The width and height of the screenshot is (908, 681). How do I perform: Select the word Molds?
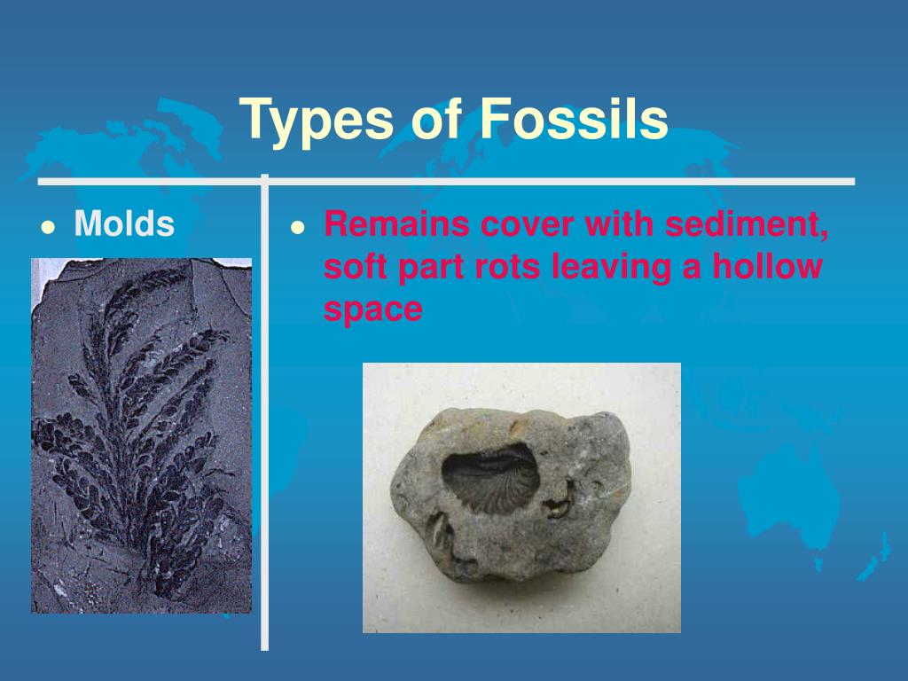click(x=124, y=224)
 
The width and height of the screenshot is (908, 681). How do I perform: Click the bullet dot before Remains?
click(x=299, y=227)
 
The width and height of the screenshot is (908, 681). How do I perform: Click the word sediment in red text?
click(x=748, y=224)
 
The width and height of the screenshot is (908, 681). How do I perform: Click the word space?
click(x=372, y=310)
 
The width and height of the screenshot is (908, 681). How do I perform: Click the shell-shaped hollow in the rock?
click(x=490, y=478)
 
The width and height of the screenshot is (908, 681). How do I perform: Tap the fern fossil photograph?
click(x=142, y=434)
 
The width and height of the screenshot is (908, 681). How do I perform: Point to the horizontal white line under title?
click(x=559, y=182)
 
